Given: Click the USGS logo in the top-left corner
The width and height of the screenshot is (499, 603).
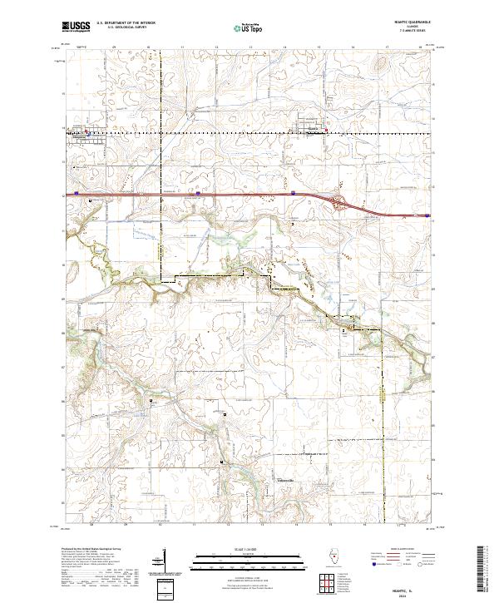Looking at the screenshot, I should (76, 27).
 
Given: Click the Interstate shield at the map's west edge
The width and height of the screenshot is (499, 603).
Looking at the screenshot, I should (75, 193).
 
